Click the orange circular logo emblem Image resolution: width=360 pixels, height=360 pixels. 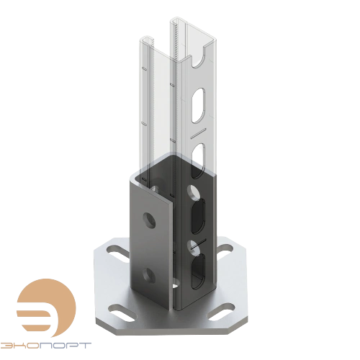[35, 305]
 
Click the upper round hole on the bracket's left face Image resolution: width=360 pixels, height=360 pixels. [149, 217]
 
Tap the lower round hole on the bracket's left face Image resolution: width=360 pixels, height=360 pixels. [149, 273]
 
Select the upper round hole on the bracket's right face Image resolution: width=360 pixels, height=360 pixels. [193, 192]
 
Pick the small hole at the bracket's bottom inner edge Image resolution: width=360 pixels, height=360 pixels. [176, 288]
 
